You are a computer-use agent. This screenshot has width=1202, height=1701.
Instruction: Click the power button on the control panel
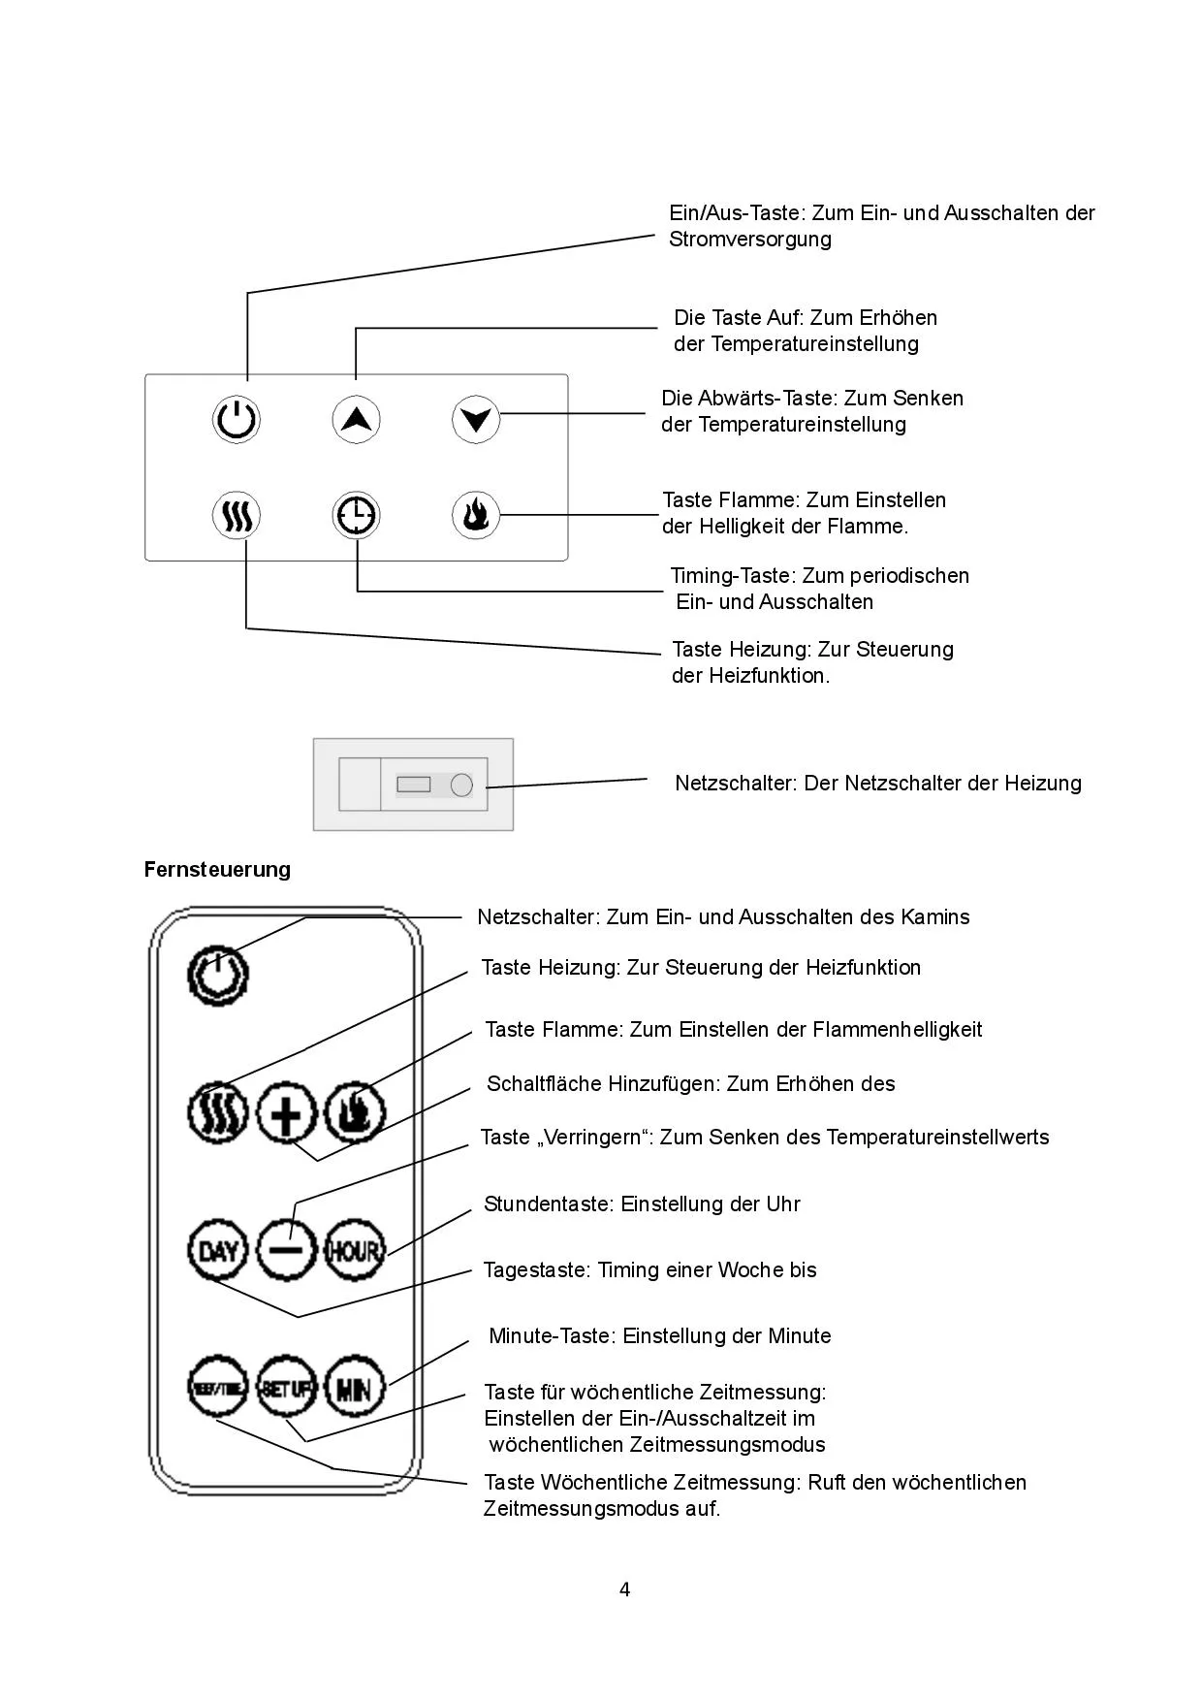(237, 420)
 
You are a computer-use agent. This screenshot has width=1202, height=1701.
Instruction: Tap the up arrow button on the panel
(356, 420)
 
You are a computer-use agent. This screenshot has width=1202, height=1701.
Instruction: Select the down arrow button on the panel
(476, 420)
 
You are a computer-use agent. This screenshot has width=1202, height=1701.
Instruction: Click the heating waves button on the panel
(237, 515)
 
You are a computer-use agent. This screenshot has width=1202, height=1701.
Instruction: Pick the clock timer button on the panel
(356, 515)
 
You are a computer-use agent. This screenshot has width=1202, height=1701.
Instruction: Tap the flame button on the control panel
(476, 515)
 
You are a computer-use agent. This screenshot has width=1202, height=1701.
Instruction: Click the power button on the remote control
(218, 975)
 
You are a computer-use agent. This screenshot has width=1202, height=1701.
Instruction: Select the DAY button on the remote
(218, 1250)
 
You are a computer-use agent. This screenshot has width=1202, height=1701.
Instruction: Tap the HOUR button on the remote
(354, 1250)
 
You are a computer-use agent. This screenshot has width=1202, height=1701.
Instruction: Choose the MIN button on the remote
(354, 1389)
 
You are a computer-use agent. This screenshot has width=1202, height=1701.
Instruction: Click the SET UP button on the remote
(287, 1389)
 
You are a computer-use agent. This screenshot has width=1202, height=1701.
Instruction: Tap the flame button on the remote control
(354, 1112)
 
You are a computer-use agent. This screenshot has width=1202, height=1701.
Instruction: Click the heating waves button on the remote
(218, 1112)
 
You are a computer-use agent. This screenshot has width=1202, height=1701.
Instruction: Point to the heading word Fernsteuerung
(217, 869)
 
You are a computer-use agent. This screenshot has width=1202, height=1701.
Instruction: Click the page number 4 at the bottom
(624, 1589)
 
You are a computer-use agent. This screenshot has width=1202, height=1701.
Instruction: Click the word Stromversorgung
(749, 240)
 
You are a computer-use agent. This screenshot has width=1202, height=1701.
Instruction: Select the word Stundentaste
(549, 1204)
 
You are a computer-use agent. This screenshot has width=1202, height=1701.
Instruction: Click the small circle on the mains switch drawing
(461, 785)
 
